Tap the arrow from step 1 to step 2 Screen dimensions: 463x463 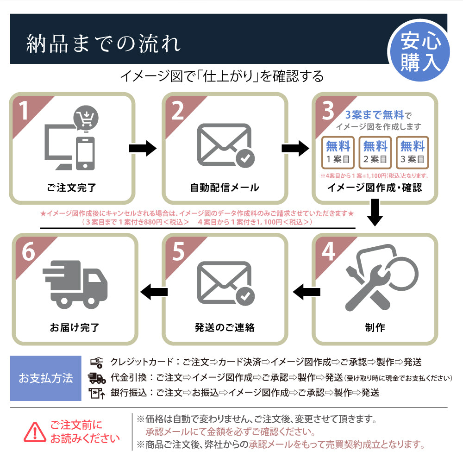point(143,149)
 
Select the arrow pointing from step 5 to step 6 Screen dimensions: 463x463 point(154,292)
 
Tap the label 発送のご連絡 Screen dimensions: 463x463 point(225,327)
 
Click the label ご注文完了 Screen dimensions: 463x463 point(72,188)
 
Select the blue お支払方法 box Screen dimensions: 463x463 point(45,378)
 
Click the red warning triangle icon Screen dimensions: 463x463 point(35,432)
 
